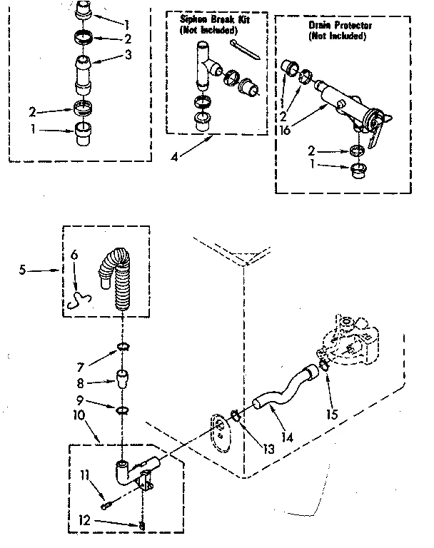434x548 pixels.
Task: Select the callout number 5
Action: coord(24,271)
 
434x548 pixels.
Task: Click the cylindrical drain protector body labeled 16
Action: coord(341,100)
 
